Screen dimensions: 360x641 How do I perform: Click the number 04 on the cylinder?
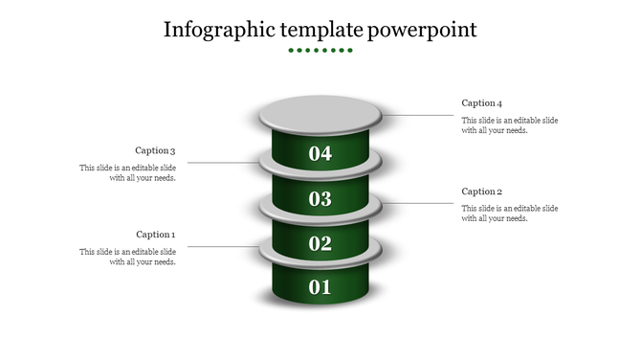point(320,153)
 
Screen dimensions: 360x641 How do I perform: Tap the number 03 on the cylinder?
point(320,199)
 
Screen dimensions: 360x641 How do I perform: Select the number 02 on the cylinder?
point(320,243)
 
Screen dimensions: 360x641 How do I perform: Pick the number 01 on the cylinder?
point(320,287)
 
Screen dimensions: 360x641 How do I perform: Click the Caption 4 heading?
point(481,103)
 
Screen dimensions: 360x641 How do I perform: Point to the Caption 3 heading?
point(155,150)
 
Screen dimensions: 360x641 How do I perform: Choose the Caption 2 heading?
point(481,191)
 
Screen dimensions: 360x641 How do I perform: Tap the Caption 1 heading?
point(155,235)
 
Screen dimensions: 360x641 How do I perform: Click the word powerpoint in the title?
point(423,30)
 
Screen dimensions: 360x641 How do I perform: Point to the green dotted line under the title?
point(320,50)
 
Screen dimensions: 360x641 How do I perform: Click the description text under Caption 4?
point(510,125)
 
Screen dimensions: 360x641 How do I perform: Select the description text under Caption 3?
point(127,173)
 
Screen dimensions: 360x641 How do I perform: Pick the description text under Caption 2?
point(510,214)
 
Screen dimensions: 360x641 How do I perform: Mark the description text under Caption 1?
point(127,258)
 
